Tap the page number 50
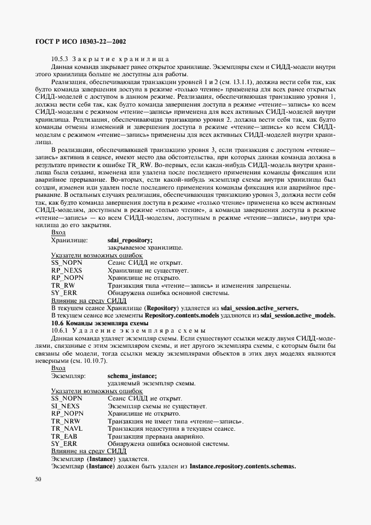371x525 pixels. (38, 479)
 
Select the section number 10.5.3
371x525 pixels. (59, 59)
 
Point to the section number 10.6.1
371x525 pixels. (59, 331)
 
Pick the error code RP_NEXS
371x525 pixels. (66, 270)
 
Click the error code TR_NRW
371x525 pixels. (65, 421)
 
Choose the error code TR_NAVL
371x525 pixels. (67, 429)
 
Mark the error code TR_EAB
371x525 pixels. (65, 436)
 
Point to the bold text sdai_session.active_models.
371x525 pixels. (295, 316)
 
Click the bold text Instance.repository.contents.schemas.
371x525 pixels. (242, 467)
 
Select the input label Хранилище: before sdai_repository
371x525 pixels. (70, 240)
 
